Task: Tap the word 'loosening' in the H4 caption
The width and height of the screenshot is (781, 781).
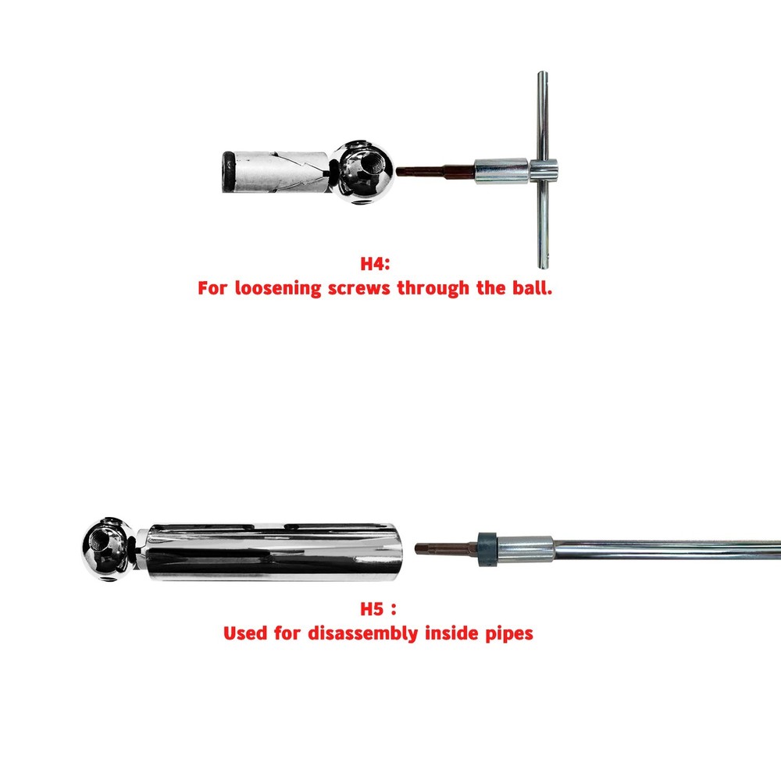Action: [x=280, y=288]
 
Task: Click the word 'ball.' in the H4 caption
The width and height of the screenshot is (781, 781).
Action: [x=530, y=288]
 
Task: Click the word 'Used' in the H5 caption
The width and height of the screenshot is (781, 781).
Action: [x=246, y=633]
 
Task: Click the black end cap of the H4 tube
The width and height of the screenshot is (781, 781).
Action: [x=226, y=170]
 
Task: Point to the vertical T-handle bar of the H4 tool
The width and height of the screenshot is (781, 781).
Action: [x=544, y=168]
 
